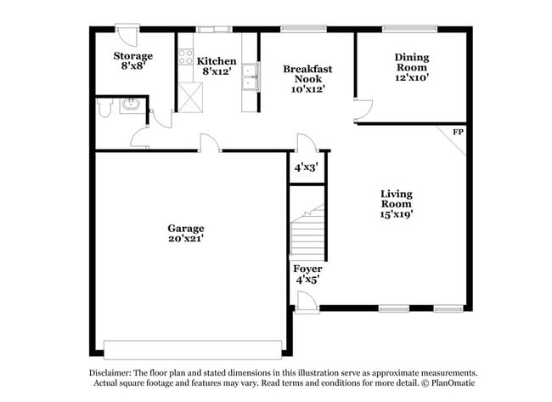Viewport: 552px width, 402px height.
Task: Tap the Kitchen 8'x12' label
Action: tap(217, 66)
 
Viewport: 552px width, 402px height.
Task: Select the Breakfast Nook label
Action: tap(307, 77)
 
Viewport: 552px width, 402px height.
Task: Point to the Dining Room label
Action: tap(412, 67)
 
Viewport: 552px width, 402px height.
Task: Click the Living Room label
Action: tap(396, 204)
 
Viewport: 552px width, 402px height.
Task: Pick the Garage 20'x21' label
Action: tap(185, 234)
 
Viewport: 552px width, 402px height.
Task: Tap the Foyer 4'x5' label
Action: tap(307, 274)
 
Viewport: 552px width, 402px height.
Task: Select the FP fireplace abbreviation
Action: tap(458, 132)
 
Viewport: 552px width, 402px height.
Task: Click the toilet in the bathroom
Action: tap(104, 108)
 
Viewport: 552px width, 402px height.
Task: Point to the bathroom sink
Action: tap(131, 105)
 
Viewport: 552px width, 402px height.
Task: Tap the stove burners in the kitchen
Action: tap(185, 58)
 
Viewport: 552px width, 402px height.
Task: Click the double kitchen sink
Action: tap(250, 76)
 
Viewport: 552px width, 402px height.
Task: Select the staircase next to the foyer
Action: tap(307, 232)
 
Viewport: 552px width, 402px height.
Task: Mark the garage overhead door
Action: tap(192, 349)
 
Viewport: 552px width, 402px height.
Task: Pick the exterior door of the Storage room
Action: tap(128, 34)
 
